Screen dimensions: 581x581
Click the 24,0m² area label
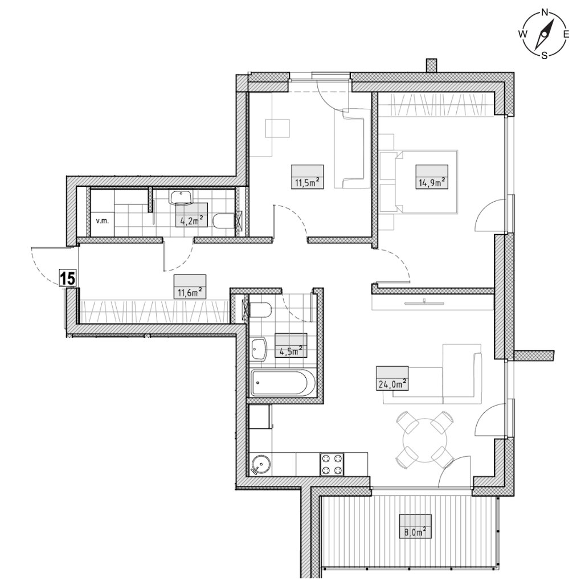coord(392,384)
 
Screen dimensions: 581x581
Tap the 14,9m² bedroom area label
coord(432,182)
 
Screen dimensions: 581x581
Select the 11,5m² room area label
coord(307,182)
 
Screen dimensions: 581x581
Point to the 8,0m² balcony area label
coord(415,532)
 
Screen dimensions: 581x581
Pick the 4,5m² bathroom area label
coord(291,351)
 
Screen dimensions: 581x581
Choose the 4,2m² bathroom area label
coord(191,220)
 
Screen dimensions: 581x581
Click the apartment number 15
coord(68,279)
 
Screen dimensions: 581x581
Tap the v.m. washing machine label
coord(102,221)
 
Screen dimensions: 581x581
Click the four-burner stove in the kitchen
coord(332,464)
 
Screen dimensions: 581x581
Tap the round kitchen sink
coord(261,465)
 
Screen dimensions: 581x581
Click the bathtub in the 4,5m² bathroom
coord(283,383)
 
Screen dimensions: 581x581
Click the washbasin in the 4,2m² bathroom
coord(181,197)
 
